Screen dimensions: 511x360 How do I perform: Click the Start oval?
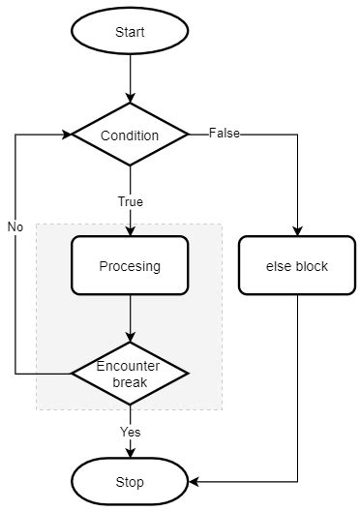tap(130, 32)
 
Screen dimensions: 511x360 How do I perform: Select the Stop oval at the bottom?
tap(130, 481)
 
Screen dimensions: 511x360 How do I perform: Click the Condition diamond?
tap(130, 135)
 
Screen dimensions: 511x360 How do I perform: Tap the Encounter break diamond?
tap(130, 373)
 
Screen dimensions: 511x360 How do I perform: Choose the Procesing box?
tap(130, 266)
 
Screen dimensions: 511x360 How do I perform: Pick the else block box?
tap(297, 266)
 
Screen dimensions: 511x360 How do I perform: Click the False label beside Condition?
tap(225, 134)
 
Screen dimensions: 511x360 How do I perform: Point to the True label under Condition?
tap(130, 202)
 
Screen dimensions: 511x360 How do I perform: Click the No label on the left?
tap(15, 226)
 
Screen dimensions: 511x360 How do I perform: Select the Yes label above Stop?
tap(130, 431)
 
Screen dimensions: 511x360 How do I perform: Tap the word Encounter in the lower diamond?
tap(130, 366)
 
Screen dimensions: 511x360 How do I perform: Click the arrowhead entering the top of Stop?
tap(130, 453)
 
